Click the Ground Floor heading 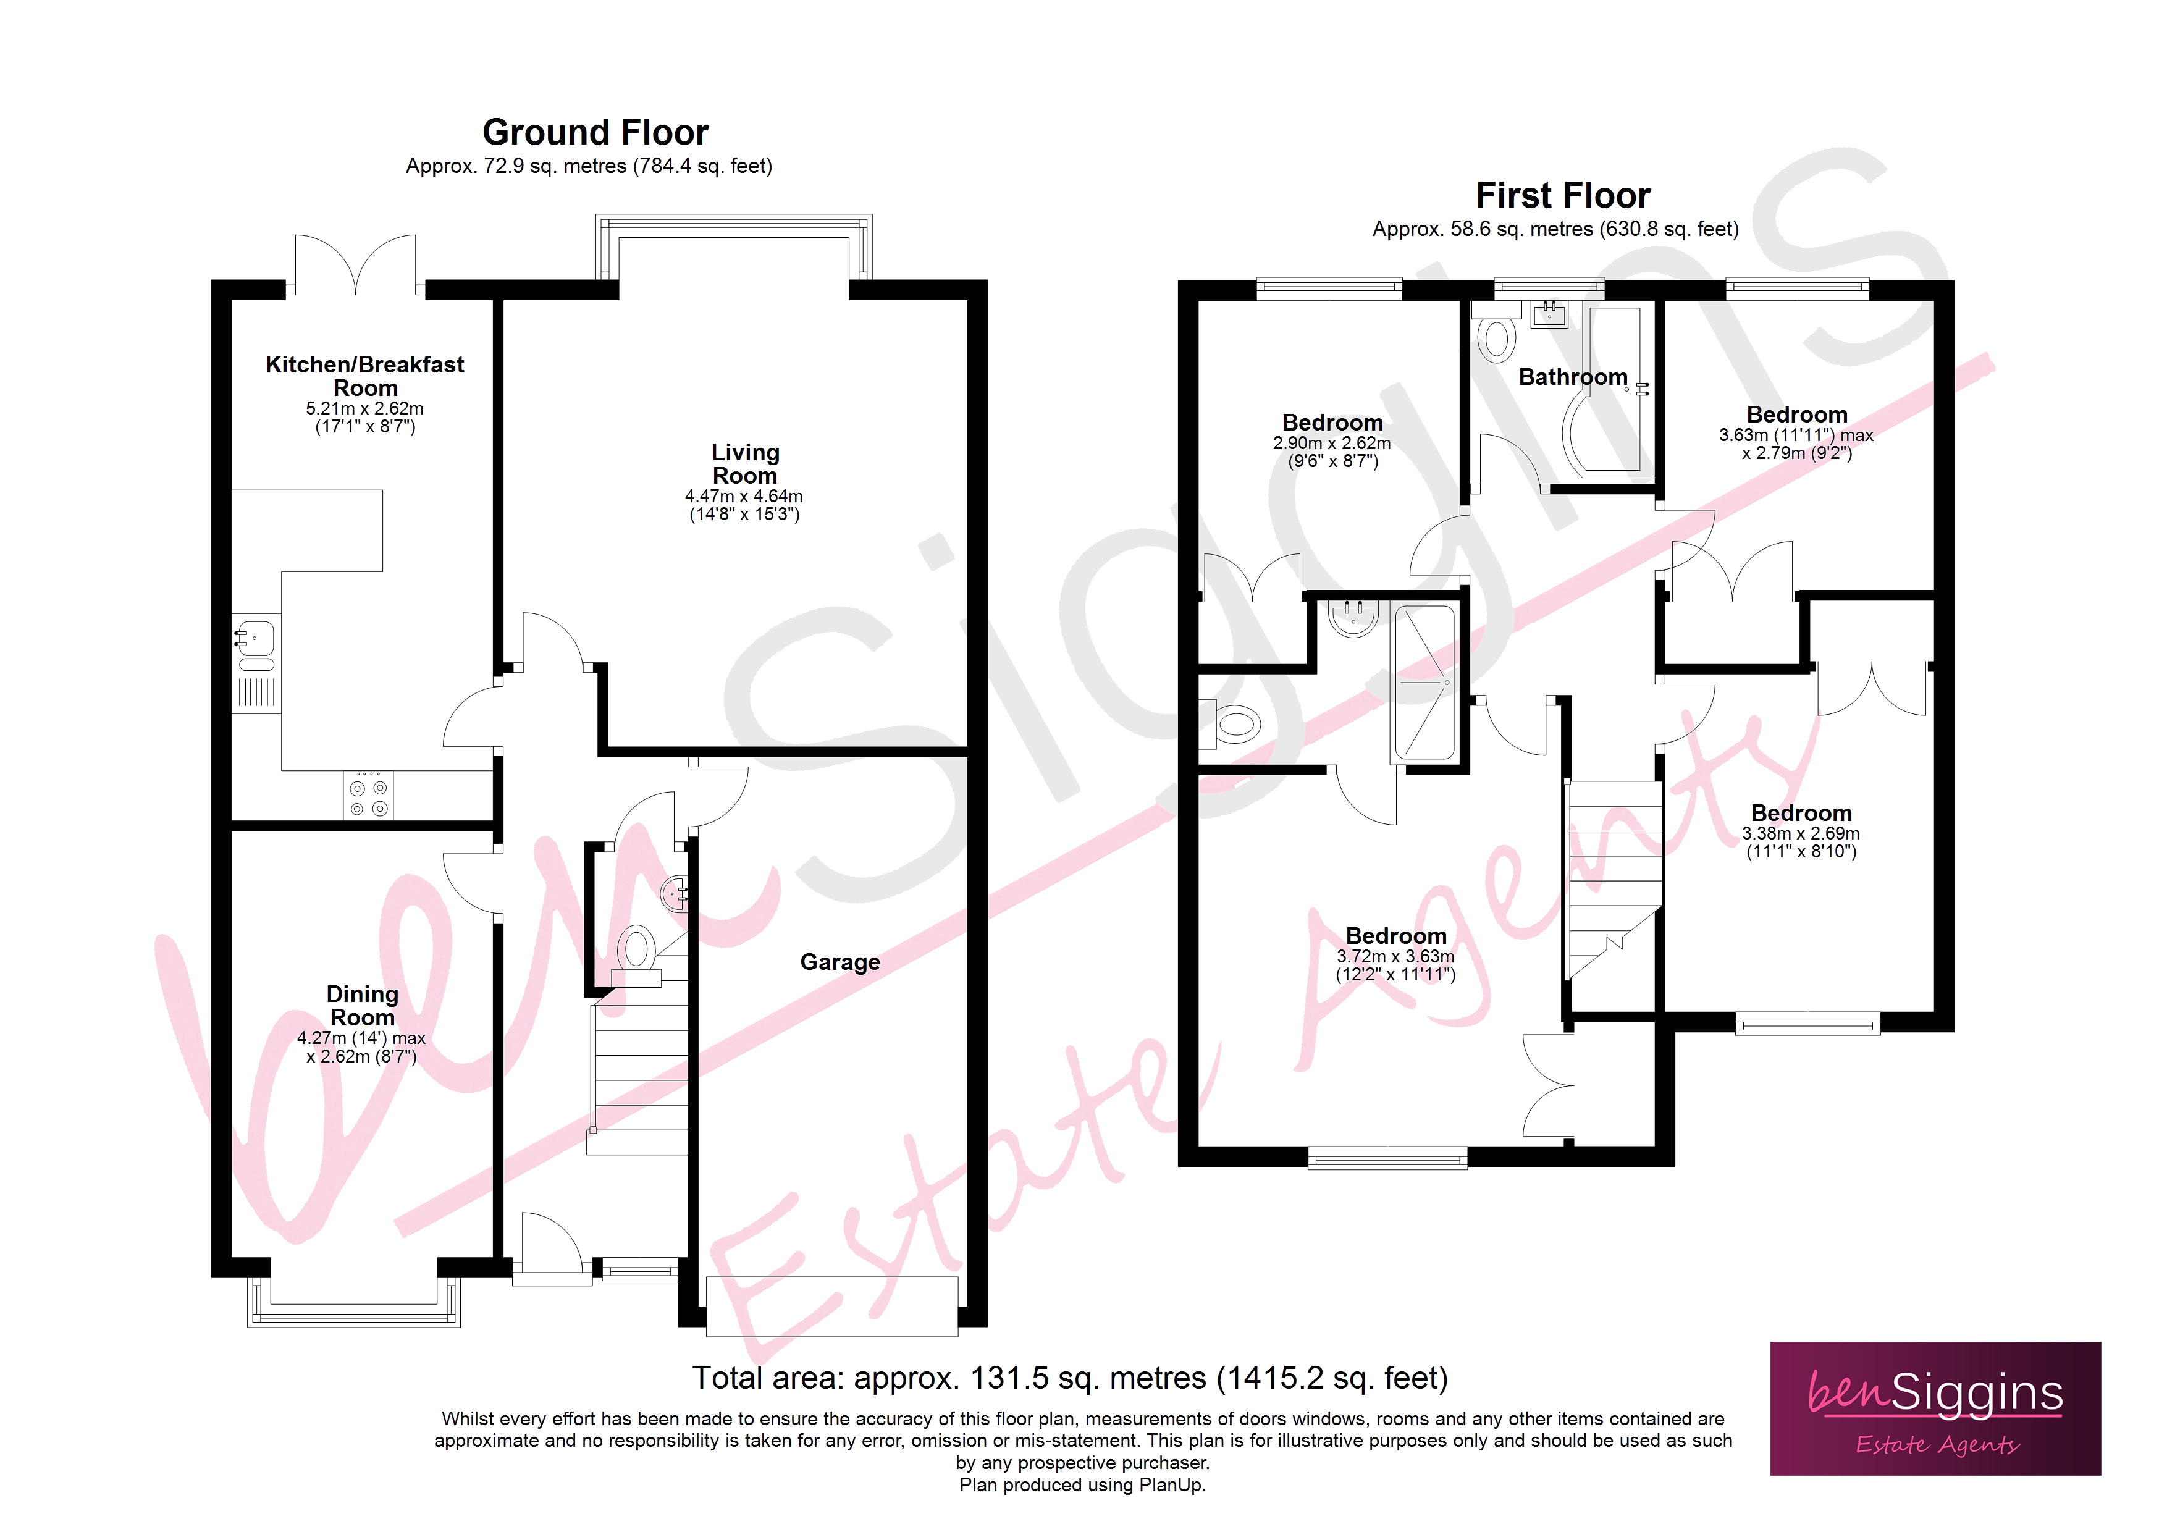[595, 132]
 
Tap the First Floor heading [1562, 195]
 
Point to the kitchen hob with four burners [368, 796]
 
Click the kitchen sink [256, 639]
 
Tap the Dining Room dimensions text [361, 1047]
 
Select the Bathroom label [1572, 377]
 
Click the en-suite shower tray [1423, 683]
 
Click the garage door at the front [831, 1307]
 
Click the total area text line [1069, 1378]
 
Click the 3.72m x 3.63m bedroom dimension [1395, 965]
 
